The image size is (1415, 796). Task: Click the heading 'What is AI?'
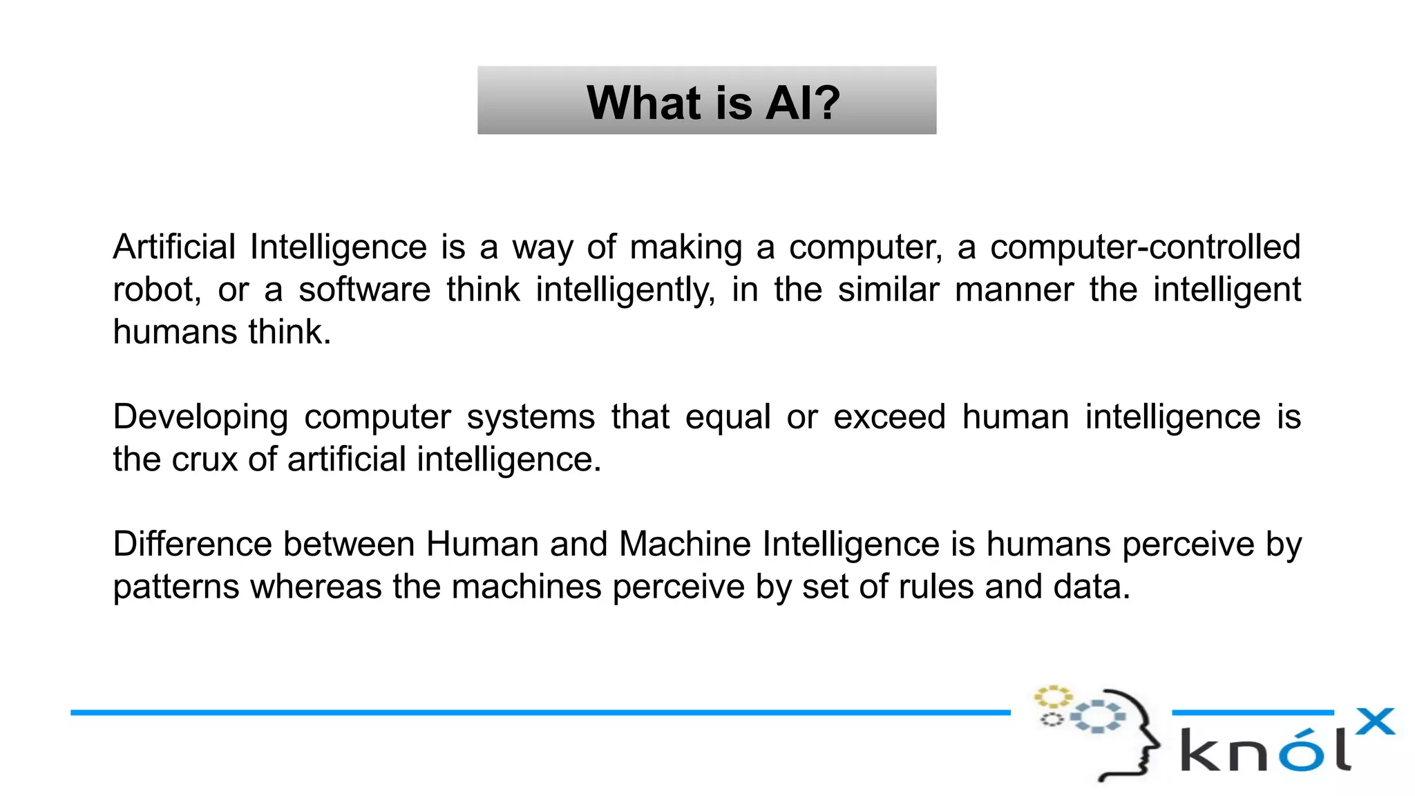click(713, 102)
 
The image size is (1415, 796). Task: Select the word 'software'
click(364, 290)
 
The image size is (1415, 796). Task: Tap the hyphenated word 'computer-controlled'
click(1145, 247)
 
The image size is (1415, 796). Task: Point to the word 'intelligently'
click(625, 291)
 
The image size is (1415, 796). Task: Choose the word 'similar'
click(889, 290)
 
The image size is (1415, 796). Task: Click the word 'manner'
click(1014, 290)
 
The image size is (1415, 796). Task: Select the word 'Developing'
click(200, 418)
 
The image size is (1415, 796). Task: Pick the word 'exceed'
click(889, 417)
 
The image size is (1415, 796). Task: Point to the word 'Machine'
click(685, 544)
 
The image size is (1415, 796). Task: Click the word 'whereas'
click(316, 587)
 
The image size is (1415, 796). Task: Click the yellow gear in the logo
click(1052, 696)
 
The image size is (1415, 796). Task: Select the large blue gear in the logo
click(1097, 717)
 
